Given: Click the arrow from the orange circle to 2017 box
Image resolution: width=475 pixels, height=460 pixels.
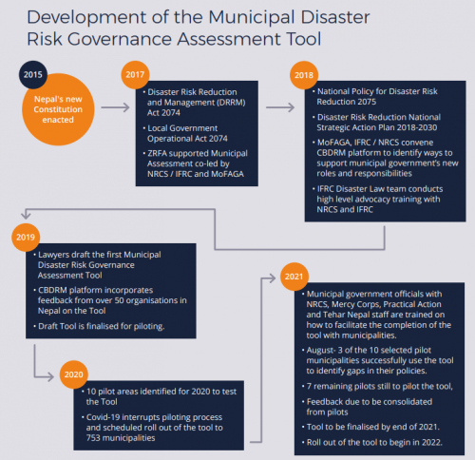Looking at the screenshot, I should click(x=114, y=107).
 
